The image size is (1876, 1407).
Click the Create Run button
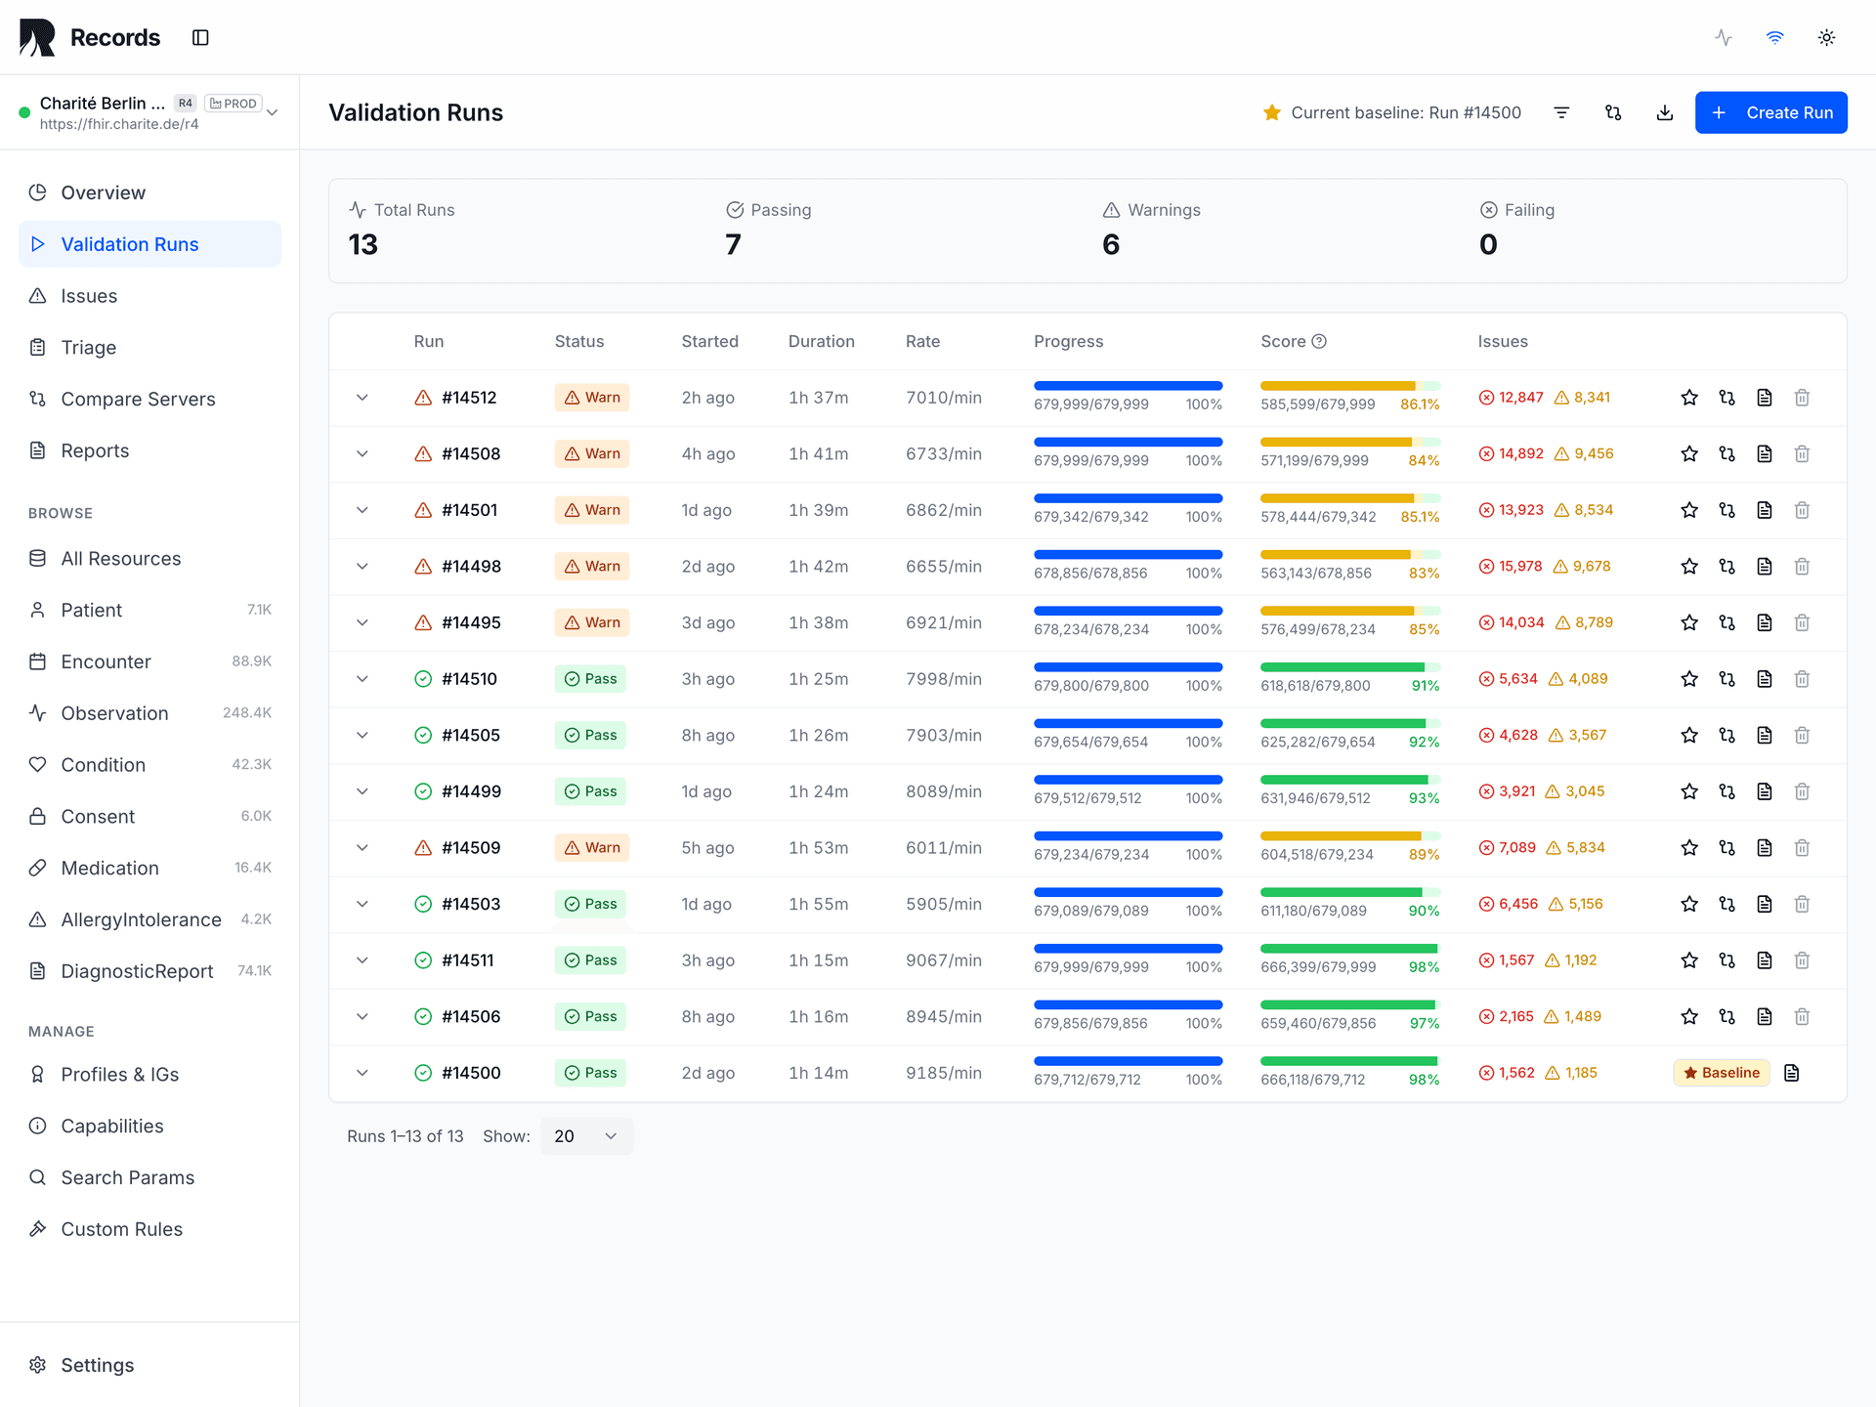click(x=1770, y=112)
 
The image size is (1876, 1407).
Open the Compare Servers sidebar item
click(x=138, y=399)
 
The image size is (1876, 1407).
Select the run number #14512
click(x=469, y=398)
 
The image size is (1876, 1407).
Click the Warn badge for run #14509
click(x=592, y=848)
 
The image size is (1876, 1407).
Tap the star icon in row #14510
click(x=1689, y=679)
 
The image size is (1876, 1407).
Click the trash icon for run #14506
click(x=1802, y=1017)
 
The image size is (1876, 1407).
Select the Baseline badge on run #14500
click(x=1721, y=1073)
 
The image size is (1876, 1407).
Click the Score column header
click(x=1283, y=341)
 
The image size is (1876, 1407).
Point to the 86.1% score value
click(x=1419, y=405)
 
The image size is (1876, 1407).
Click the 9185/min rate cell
click(x=943, y=1073)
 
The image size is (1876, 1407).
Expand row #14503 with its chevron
click(x=362, y=905)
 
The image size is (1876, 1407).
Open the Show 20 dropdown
click(x=586, y=1136)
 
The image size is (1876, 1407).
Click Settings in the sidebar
click(x=97, y=1365)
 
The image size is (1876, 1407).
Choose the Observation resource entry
click(x=114, y=713)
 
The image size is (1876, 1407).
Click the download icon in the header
click(x=1665, y=113)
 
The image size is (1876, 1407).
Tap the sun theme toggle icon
click(x=1826, y=38)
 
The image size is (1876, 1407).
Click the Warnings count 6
click(x=1111, y=244)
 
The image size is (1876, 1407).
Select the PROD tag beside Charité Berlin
click(x=234, y=104)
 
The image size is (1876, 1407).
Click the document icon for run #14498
click(x=1765, y=567)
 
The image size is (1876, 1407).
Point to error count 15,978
click(x=1519, y=567)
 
